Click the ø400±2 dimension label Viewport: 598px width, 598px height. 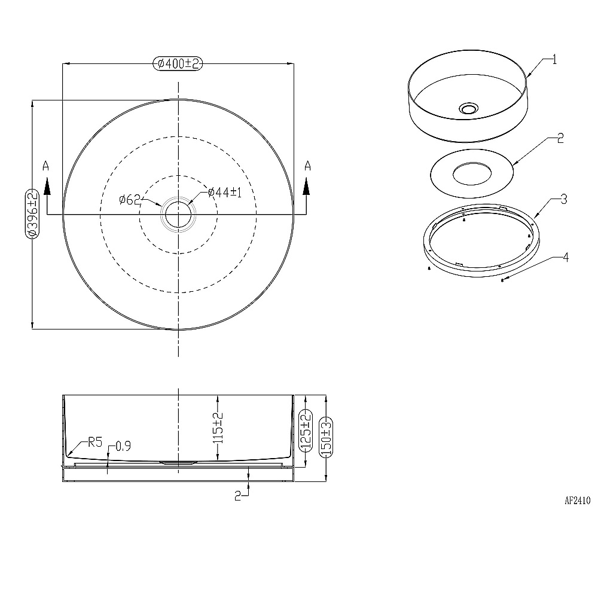(178, 64)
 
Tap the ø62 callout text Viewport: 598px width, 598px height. (130, 199)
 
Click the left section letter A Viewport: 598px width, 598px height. (46, 166)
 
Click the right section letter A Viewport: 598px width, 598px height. (307, 166)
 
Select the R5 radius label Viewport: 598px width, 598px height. (95, 443)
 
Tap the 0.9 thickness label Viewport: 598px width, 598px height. (123, 446)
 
